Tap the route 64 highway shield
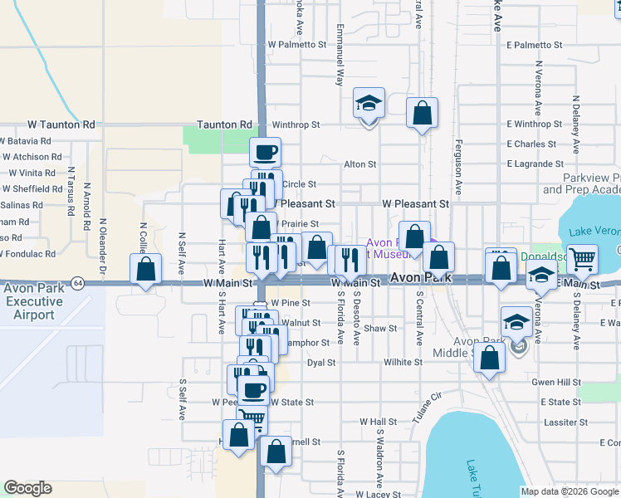point(76,282)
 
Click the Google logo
point(28,488)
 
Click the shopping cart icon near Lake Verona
point(582,259)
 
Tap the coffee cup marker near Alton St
point(266,152)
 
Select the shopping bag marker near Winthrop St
point(422,112)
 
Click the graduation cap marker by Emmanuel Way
point(369,103)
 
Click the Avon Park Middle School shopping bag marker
point(491,358)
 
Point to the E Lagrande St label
point(535,164)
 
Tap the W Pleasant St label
point(415,203)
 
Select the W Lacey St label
point(378,494)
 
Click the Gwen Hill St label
point(556,382)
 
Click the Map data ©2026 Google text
point(570,491)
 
